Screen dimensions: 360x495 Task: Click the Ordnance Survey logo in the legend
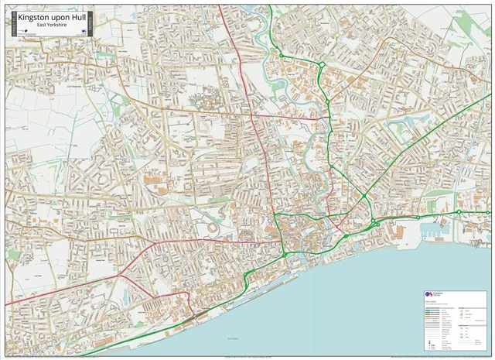[x=430, y=297]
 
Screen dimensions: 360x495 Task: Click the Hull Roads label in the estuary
[x=234, y=339]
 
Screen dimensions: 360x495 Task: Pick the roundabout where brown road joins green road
[x=321, y=64]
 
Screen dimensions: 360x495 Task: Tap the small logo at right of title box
[x=84, y=31]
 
